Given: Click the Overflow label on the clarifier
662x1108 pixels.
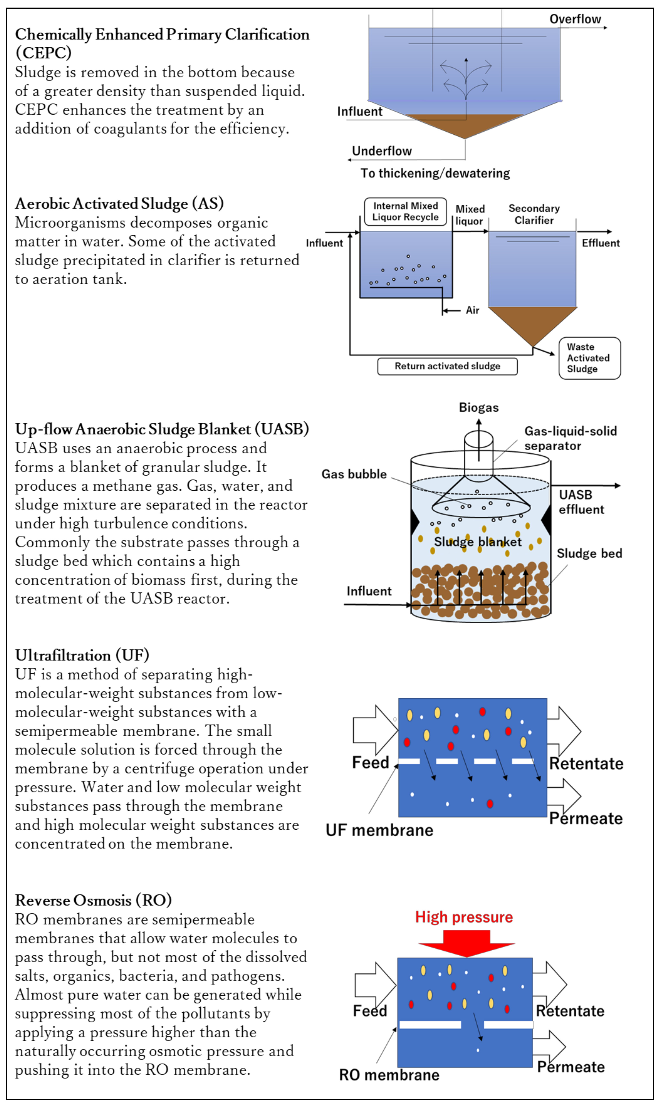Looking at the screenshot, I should (575, 19).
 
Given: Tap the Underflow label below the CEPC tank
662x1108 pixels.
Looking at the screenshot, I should (382, 151).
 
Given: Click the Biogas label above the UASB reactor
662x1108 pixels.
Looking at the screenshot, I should (479, 408).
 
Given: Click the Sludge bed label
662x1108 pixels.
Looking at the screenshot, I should (589, 554).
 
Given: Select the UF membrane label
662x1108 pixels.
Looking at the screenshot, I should (379, 830).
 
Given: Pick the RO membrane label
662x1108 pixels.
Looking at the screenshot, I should (389, 1075).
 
